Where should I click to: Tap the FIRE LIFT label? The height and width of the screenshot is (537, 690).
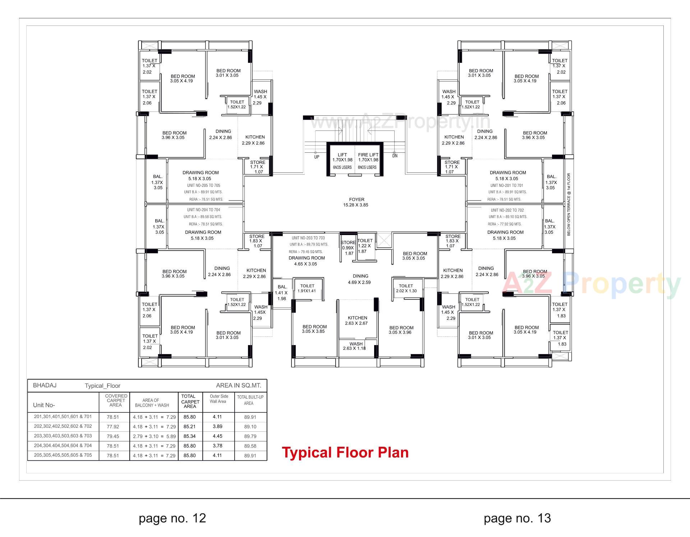pyautogui.click(x=368, y=155)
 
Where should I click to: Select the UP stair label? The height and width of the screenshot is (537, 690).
pyautogui.click(x=317, y=157)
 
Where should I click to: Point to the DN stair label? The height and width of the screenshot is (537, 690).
pyautogui.click(x=395, y=156)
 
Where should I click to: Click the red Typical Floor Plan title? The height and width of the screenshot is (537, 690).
pyautogui.click(x=345, y=453)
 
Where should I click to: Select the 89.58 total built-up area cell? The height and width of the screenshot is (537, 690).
pyautogui.click(x=250, y=446)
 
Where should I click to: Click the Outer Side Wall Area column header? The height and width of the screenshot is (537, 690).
pyautogui.click(x=218, y=399)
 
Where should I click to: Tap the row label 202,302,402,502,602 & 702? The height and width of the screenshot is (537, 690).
pyautogui.click(x=63, y=426)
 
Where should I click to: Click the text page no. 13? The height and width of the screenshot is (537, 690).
pyautogui.click(x=517, y=518)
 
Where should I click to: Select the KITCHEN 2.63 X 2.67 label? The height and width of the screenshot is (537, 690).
pyautogui.click(x=357, y=321)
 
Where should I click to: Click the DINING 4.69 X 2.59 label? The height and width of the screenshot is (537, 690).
pyautogui.click(x=360, y=279)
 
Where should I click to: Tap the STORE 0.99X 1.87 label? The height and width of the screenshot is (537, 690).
pyautogui.click(x=348, y=248)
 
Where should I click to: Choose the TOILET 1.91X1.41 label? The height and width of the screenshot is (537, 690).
pyautogui.click(x=307, y=288)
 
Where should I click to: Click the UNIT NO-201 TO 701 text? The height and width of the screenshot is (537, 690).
pyautogui.click(x=506, y=185)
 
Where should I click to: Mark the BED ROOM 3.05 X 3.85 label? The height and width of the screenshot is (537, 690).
pyautogui.click(x=314, y=329)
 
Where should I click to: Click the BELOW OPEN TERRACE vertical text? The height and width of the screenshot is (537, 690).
pyautogui.click(x=569, y=205)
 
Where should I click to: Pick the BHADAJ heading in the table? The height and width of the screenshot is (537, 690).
pyautogui.click(x=45, y=385)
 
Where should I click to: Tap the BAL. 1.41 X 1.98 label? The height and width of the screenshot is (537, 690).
pyautogui.click(x=282, y=293)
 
